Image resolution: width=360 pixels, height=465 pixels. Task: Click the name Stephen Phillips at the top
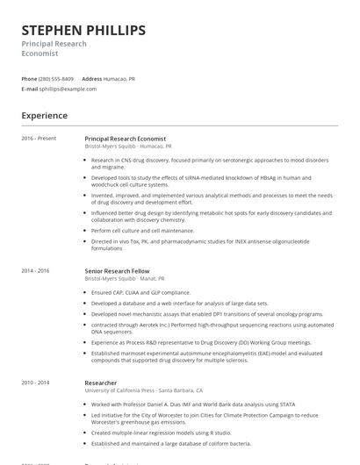tap(83, 31)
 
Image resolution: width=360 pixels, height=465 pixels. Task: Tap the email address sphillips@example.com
tap(68, 89)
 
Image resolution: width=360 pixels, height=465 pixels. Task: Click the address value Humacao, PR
tap(119, 78)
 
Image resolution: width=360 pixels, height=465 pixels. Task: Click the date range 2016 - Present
tap(39, 139)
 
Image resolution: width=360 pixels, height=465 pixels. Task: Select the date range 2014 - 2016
tap(36, 271)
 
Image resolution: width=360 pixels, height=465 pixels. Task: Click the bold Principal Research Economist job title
tap(125, 139)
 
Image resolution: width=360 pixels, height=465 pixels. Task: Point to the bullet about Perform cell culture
tap(142, 230)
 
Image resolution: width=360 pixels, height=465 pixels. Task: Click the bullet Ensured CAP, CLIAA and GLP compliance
tap(140, 292)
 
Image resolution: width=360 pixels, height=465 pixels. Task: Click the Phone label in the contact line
tap(29, 78)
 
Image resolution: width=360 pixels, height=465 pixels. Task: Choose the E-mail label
tap(30, 89)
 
